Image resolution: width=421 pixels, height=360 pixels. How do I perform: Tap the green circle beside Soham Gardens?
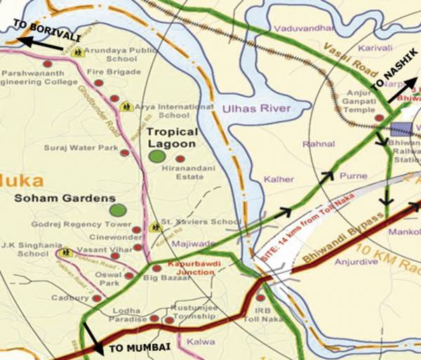(118, 209)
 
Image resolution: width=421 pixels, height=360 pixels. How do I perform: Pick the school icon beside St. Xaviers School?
(155, 227)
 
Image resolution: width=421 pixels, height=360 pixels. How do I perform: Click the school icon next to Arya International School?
(126, 107)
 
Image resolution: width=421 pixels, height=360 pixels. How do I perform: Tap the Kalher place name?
(279, 180)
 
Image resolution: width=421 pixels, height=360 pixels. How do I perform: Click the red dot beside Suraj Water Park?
(124, 152)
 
